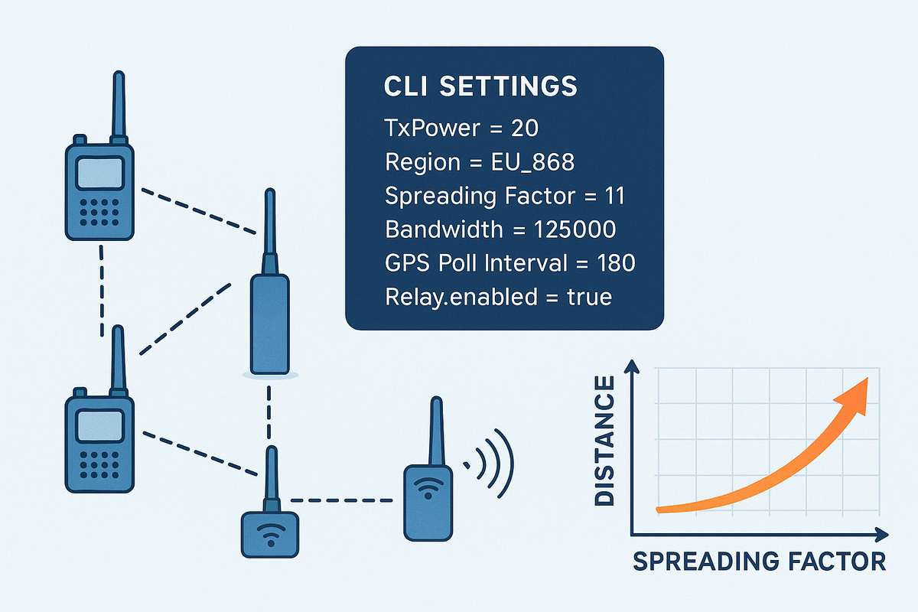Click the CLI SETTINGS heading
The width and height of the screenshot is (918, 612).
coord(480,86)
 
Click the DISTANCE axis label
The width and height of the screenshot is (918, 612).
coord(604,440)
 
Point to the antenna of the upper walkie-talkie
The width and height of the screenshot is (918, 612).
coord(119,103)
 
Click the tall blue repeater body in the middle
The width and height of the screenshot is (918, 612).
coord(269,325)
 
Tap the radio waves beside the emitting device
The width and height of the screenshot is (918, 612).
coord(493,463)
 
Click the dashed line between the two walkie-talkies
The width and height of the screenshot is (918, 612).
coord(101,291)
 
